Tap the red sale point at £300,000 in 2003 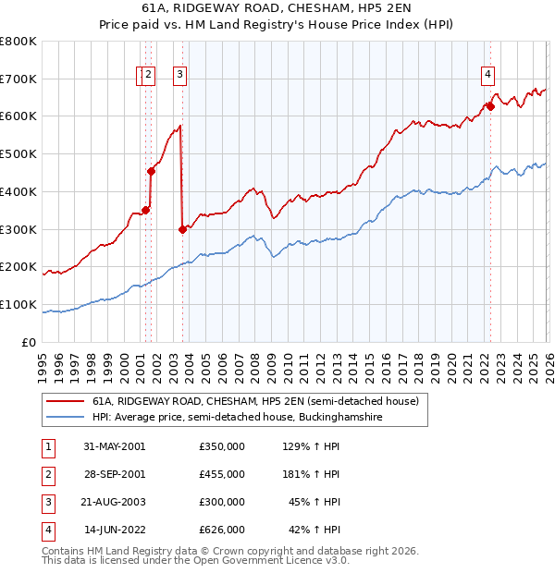(182, 229)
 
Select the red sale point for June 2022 (490, 106)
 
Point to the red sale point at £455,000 (151, 171)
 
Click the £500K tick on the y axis (19, 153)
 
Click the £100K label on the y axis (19, 304)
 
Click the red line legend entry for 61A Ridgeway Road (254, 402)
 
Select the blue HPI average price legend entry (237, 418)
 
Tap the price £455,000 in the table (221, 474)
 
